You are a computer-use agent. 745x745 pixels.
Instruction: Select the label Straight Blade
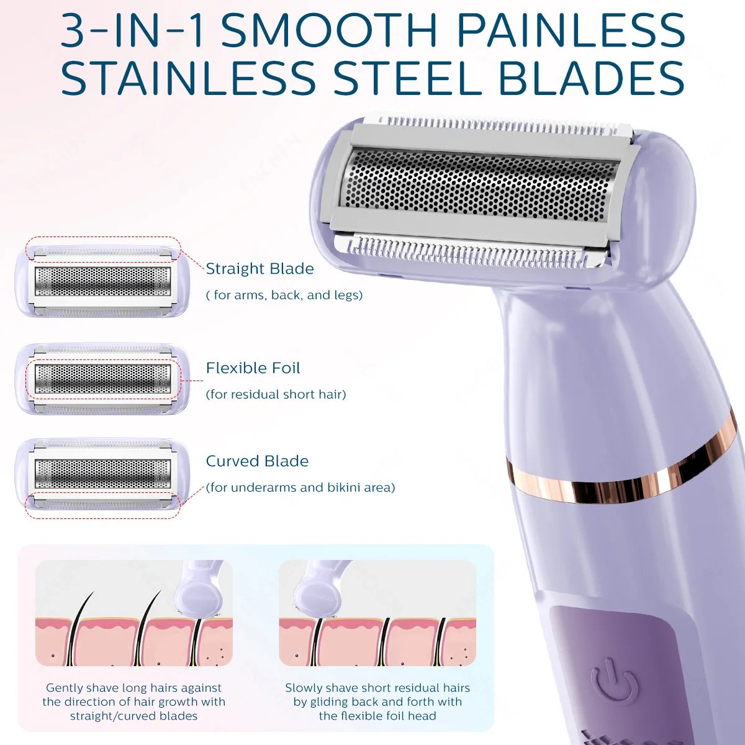pos(260,269)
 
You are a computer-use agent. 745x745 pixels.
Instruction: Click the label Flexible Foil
pos(253,368)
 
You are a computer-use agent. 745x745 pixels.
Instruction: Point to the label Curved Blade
pos(257,461)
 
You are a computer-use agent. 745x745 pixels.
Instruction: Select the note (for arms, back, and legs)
pos(284,296)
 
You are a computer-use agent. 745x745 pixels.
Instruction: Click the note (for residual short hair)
pos(276,395)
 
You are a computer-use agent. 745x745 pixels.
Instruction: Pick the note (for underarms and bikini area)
pos(300,488)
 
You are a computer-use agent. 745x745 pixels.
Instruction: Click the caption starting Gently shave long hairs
pos(134,702)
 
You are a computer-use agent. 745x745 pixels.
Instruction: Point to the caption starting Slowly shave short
pos(377,702)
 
